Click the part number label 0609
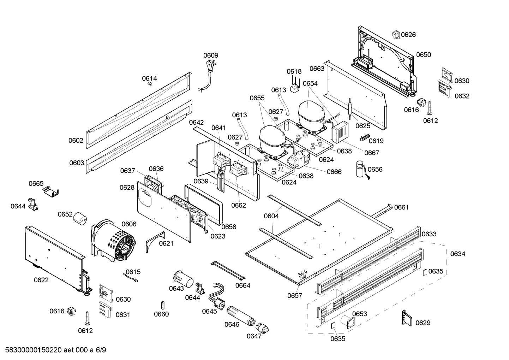coord(211,55)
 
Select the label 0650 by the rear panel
coord(423,55)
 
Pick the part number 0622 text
coord(41,280)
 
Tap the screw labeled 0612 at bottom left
coord(86,318)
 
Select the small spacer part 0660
coord(163,305)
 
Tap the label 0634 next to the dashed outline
coord(457,254)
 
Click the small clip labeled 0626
coord(395,35)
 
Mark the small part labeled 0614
coord(149,83)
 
